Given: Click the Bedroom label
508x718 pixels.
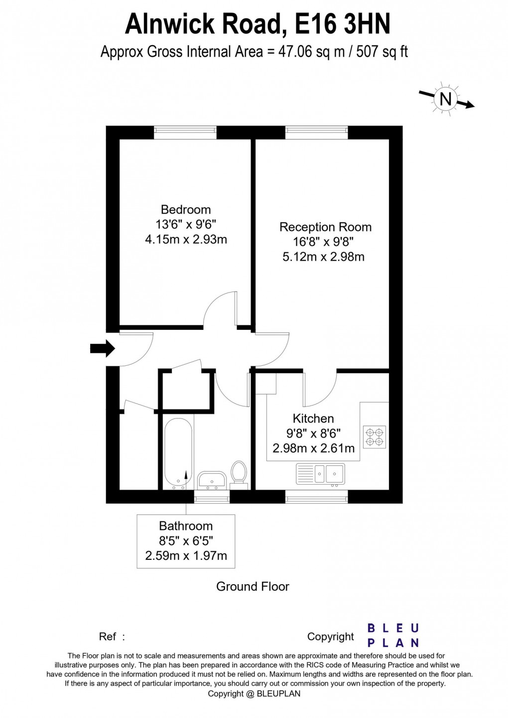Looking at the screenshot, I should click(x=185, y=209).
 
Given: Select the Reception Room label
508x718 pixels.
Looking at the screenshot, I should click(x=325, y=227).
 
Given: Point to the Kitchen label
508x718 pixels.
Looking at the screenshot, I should click(x=313, y=418).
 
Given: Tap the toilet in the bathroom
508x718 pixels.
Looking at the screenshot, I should click(x=239, y=472).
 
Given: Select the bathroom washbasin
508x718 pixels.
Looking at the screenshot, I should click(x=212, y=480).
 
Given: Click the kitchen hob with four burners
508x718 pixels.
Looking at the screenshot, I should click(x=375, y=436).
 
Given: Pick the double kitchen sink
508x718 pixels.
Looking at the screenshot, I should click(x=320, y=473).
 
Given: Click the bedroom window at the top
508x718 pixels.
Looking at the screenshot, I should click(x=185, y=132).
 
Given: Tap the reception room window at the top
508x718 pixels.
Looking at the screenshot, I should click(x=316, y=132).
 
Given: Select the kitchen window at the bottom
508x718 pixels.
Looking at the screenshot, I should click(x=316, y=496).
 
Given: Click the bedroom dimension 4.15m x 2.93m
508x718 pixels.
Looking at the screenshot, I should click(x=186, y=239).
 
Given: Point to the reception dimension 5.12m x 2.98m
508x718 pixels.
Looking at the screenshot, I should click(x=323, y=257).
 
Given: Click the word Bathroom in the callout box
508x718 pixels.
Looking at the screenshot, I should click(x=186, y=526).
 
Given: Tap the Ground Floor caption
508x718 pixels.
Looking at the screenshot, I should click(x=253, y=587).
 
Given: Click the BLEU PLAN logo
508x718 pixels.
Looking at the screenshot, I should click(x=393, y=635).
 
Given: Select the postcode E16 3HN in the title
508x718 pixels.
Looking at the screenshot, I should click(x=343, y=23).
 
